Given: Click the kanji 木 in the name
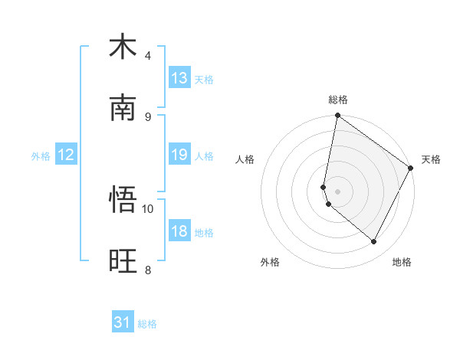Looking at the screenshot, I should click(x=123, y=47).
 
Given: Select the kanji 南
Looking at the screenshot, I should click(x=123, y=108).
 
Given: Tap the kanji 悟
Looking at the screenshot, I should click(x=123, y=200).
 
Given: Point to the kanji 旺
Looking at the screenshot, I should click(x=123, y=261).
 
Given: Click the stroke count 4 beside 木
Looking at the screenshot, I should click(x=148, y=56).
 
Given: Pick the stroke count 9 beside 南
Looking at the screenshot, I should click(x=148, y=116).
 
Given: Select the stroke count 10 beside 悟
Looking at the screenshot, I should click(x=149, y=208).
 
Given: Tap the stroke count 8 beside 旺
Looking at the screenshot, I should click(x=148, y=270).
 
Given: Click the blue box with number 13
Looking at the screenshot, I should click(x=179, y=78).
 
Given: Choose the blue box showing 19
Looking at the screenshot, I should click(x=179, y=155).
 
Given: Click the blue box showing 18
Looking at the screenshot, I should click(x=179, y=231).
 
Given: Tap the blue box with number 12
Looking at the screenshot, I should click(x=66, y=155).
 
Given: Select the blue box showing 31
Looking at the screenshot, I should click(x=123, y=322).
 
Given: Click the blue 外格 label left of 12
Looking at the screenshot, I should click(x=41, y=155).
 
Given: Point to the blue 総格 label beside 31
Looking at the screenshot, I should click(x=147, y=323).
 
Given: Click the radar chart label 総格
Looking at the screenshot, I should click(x=338, y=100).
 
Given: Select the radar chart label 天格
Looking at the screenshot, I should click(x=431, y=159).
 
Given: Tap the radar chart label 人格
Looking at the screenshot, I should click(x=245, y=159).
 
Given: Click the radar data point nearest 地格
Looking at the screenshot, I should click(x=374, y=242).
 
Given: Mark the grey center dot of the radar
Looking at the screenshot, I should click(x=338, y=191).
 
